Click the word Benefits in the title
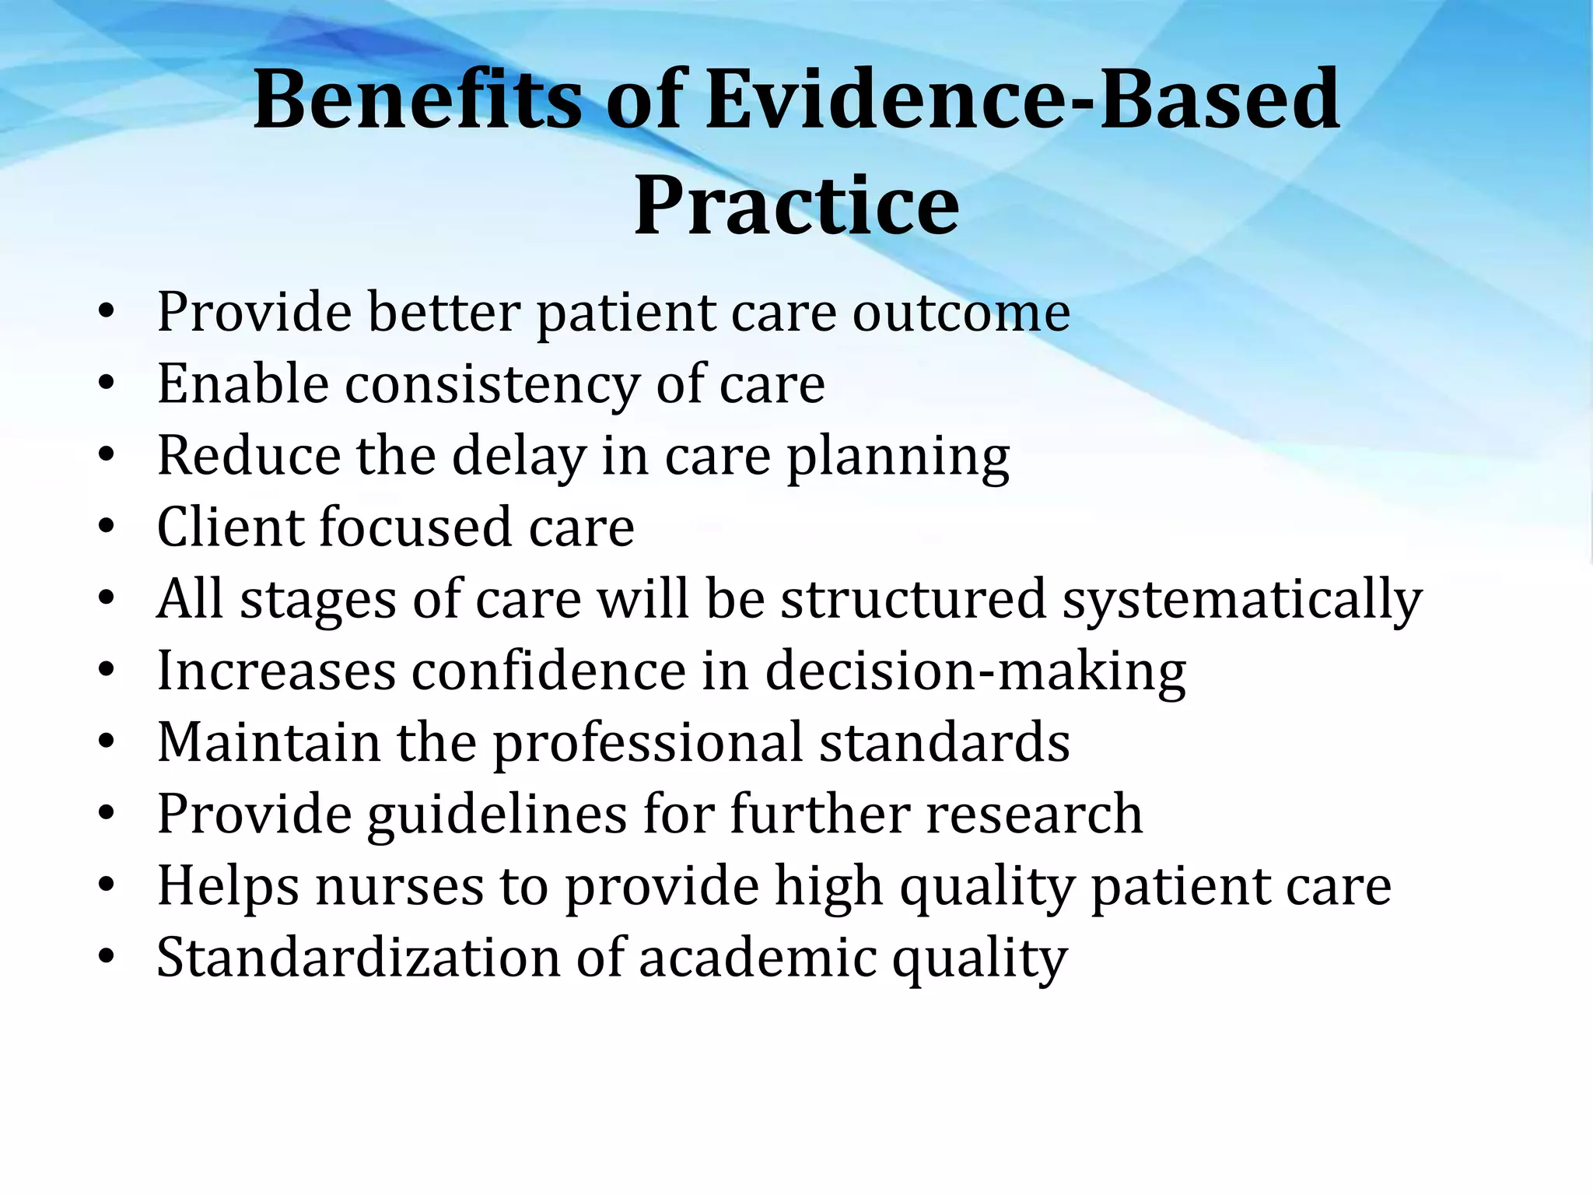click(x=417, y=100)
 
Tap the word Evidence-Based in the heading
click(x=1022, y=100)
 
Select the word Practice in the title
click(x=796, y=205)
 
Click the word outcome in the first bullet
click(x=961, y=313)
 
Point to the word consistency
click(x=492, y=385)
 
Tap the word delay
click(x=519, y=456)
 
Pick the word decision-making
click(x=975, y=671)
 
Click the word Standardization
click(x=358, y=957)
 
